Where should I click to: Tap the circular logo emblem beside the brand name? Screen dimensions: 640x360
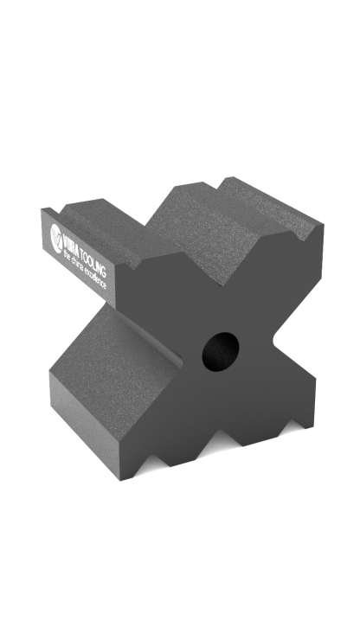coord(57,236)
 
